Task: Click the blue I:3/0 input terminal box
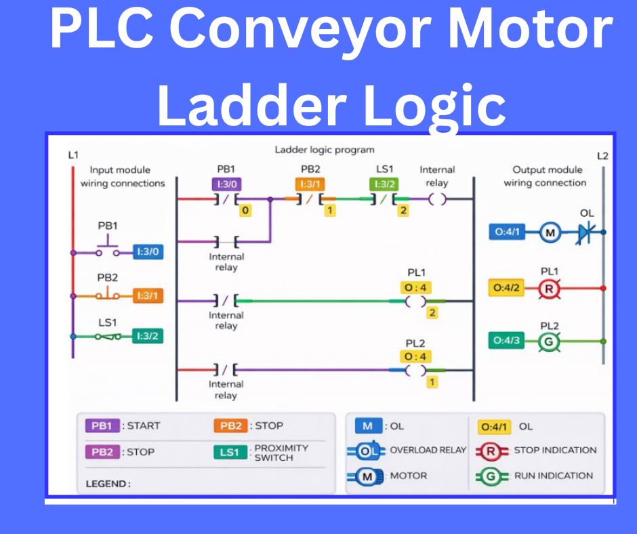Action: point(148,252)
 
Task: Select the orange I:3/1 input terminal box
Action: point(148,296)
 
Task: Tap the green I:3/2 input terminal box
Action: point(148,335)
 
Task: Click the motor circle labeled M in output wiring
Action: point(551,233)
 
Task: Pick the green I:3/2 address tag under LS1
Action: point(384,184)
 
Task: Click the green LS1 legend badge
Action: point(230,452)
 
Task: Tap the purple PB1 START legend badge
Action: point(102,426)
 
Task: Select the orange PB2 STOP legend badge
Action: point(230,426)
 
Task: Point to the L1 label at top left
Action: point(73,155)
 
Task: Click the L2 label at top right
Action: point(602,156)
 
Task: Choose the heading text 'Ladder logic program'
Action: point(324,150)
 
